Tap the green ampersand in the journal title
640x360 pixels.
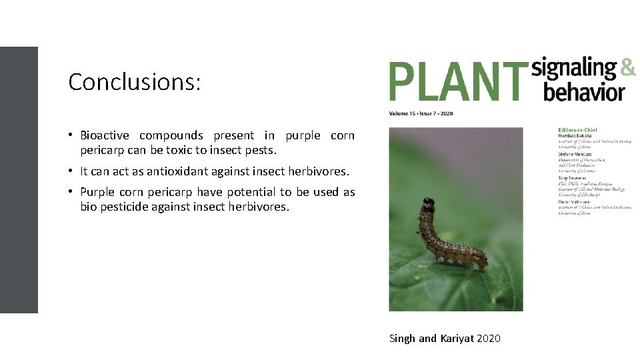coord(627,67)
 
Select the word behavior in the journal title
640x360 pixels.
coord(584,91)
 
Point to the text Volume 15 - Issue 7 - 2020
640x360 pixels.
coord(421,113)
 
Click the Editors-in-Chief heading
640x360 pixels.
coord(577,129)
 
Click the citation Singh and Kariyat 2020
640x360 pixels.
coord(445,339)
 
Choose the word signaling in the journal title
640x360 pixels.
coord(574,68)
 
